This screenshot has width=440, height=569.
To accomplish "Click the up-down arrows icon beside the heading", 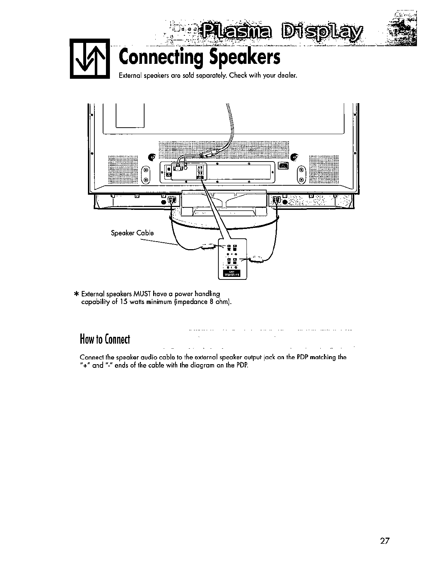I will point(89,58).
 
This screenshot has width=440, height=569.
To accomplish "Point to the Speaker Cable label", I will point(132,233).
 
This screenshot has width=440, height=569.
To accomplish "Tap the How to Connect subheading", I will point(104,339).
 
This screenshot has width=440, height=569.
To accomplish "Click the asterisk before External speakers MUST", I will point(76,294).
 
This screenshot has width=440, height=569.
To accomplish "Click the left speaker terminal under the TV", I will point(173,200).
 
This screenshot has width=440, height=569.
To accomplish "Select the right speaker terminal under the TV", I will point(276,200).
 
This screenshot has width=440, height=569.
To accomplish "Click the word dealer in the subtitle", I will point(288,76).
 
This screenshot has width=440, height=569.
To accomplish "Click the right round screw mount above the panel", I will point(294,157).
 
